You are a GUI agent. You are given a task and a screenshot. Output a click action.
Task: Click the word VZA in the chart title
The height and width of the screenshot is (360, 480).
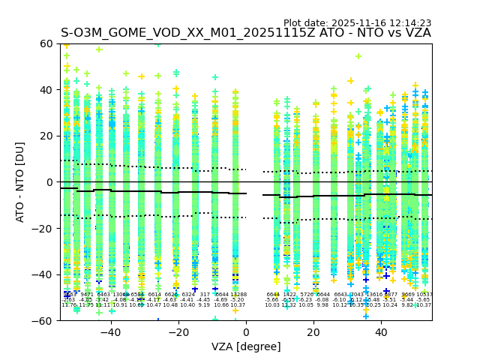416,33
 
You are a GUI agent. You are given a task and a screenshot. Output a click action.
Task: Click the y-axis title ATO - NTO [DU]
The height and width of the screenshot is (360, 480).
20,182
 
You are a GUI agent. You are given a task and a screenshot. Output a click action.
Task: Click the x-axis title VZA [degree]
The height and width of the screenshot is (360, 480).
246,346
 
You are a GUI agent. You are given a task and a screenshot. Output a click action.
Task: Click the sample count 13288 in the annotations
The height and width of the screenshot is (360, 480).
238,295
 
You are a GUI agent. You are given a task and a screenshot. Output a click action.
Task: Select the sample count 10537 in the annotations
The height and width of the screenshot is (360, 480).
424,295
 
